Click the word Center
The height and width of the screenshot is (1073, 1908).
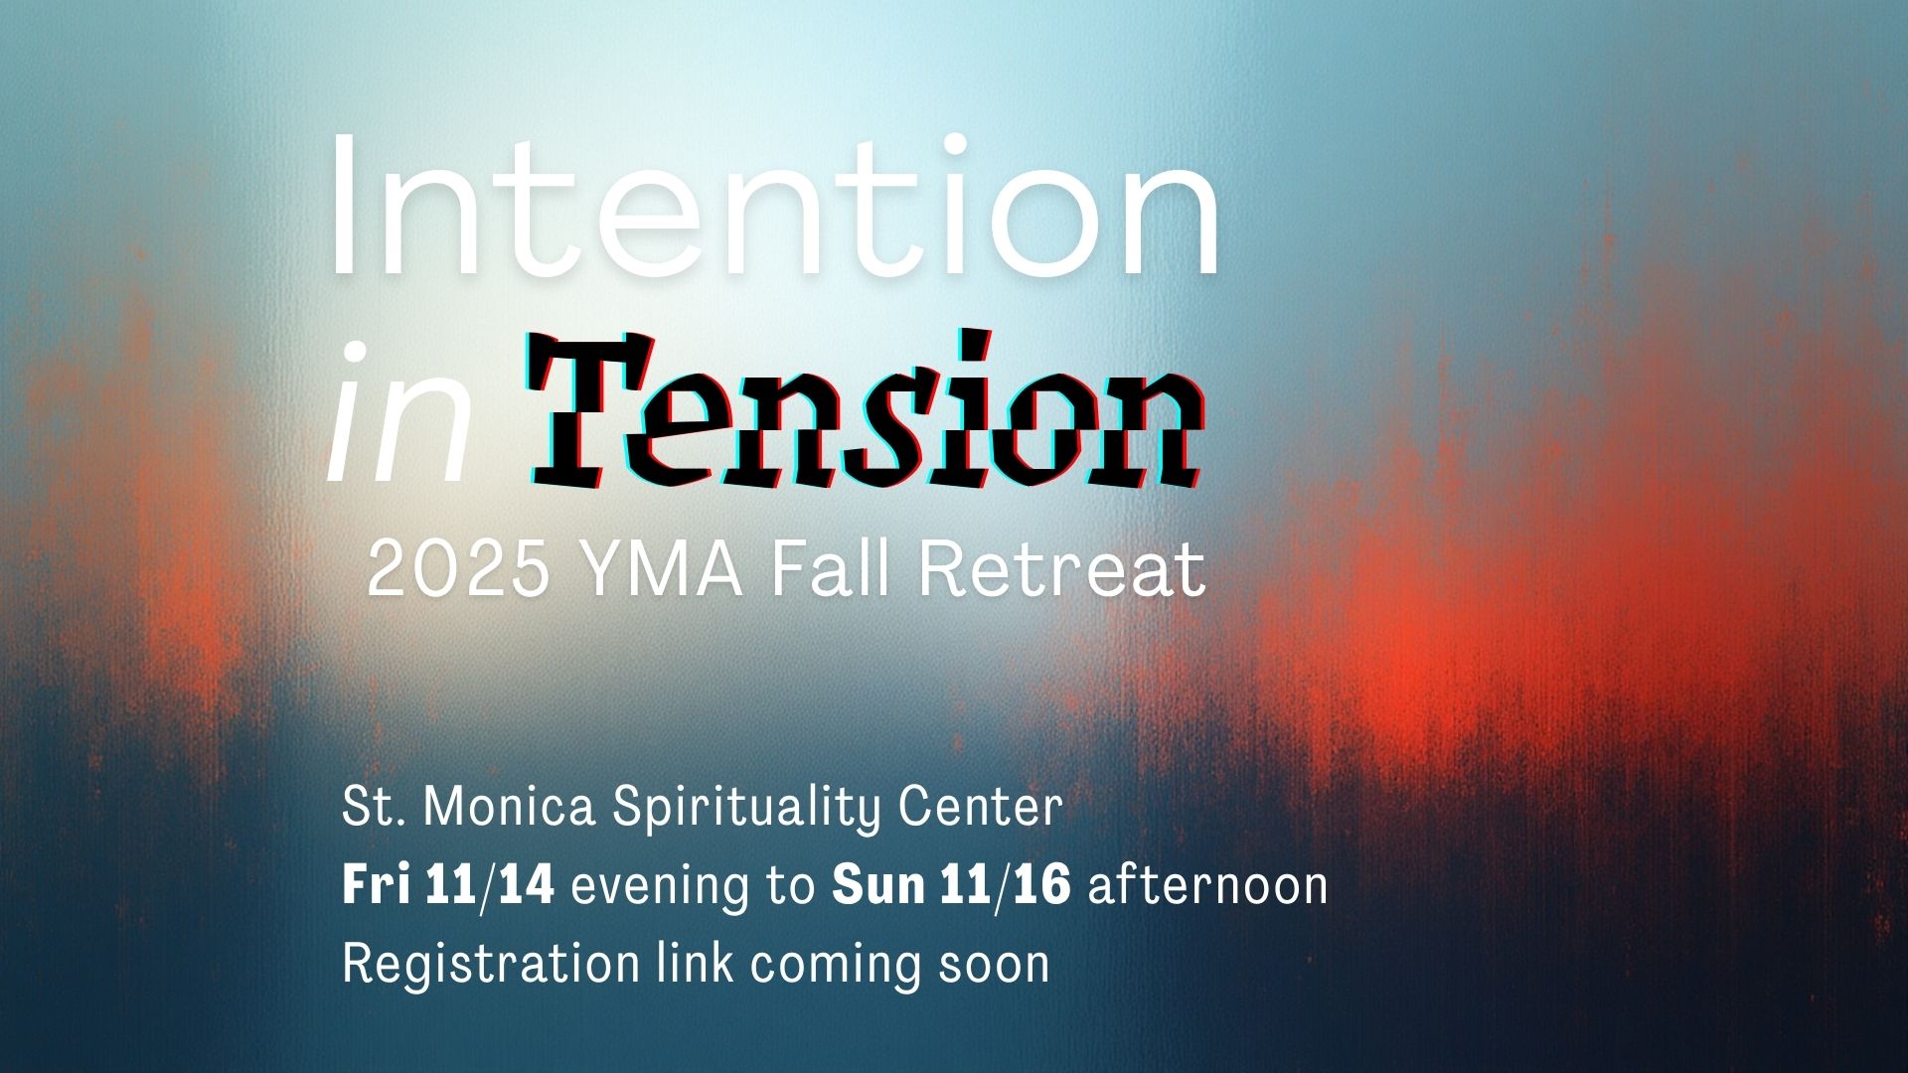pyautogui.click(x=981, y=807)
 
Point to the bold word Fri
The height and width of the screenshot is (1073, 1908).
pyautogui.click(x=376, y=884)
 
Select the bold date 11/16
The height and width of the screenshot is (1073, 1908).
pyautogui.click(x=1005, y=885)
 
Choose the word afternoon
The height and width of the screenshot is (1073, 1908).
pyautogui.click(x=1208, y=884)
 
